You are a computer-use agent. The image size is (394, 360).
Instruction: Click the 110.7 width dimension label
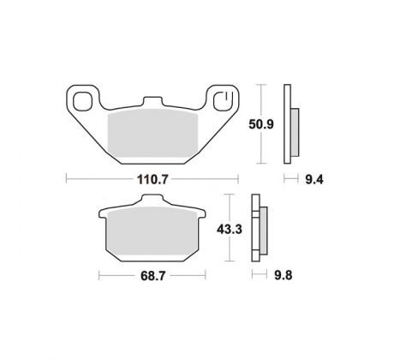tap(152, 180)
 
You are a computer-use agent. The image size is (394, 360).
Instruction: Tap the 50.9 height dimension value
tap(261, 124)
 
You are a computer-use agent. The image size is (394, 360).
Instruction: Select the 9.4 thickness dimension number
tap(314, 180)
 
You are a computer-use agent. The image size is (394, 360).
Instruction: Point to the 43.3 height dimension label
tap(230, 230)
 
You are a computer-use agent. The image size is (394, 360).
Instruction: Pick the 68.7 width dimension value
tap(152, 276)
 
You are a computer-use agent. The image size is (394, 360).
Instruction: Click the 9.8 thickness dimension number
tap(284, 276)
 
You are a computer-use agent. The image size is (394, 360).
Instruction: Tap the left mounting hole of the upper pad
tap(83, 101)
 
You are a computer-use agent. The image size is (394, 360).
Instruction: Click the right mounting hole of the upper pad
tap(224, 101)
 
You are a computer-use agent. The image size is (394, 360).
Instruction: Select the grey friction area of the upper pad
tap(152, 135)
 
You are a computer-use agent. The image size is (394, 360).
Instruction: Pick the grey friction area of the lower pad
tap(152, 231)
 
